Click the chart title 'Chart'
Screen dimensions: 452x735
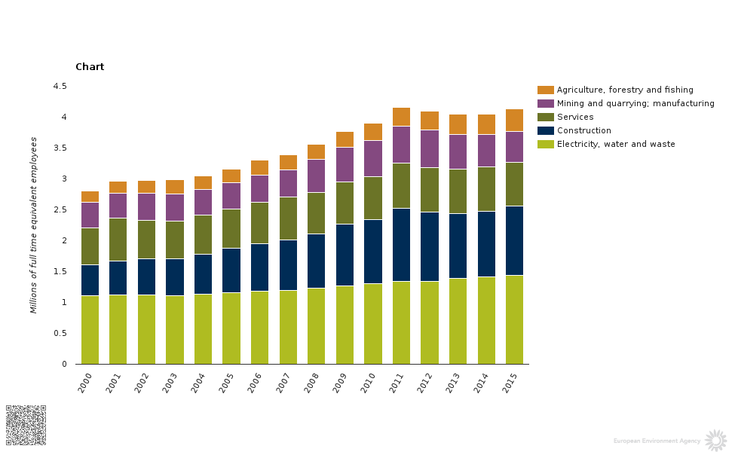[x=90, y=67]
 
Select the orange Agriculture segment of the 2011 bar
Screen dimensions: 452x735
[x=401, y=117]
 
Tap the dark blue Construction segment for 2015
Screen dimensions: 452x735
[x=514, y=240]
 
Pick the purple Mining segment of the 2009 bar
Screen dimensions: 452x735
[x=345, y=164]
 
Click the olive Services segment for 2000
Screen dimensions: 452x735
[x=90, y=246]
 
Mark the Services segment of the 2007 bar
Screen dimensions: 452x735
[x=288, y=218]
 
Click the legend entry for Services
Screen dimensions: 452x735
[x=574, y=117]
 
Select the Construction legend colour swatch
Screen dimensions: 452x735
[x=546, y=130]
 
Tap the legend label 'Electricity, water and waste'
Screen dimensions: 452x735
[x=616, y=144]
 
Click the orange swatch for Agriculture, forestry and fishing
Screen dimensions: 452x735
[x=546, y=90]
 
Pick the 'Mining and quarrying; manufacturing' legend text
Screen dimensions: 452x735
[x=635, y=103]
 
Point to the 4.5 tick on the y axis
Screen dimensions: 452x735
[x=60, y=87]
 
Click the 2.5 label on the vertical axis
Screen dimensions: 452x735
[x=60, y=210]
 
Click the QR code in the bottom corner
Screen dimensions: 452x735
[x=26, y=424]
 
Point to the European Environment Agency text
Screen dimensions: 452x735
[x=657, y=441]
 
